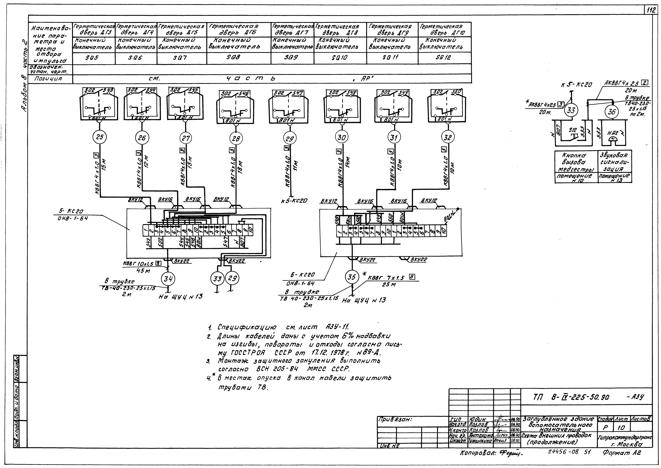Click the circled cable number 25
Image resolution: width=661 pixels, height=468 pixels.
point(99,137)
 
